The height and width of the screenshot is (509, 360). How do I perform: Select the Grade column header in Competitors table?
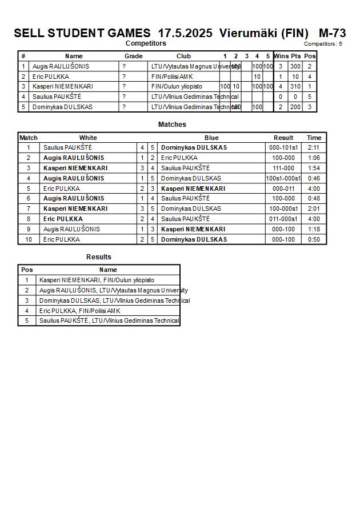coord(133,56)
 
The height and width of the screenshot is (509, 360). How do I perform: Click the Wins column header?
coord(281,56)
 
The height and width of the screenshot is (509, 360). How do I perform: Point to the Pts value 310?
coord(295,86)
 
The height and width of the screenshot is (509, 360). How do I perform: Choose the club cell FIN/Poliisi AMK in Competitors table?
coord(170,77)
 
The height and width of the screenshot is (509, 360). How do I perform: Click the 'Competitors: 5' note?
coord(323,43)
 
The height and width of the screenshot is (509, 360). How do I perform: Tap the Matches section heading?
coord(172,125)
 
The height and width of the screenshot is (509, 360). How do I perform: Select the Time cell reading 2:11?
coord(314,147)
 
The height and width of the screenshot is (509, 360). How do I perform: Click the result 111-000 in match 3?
coord(283,168)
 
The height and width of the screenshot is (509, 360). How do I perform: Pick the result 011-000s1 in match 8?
coord(283,219)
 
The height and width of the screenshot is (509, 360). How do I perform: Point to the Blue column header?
coord(211,138)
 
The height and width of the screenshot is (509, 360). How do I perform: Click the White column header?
coord(88,138)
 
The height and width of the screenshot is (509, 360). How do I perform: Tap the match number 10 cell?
coord(29,239)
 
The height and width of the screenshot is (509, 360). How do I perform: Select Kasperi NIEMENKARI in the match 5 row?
coord(193,189)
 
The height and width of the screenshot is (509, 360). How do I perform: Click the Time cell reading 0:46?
coord(314,178)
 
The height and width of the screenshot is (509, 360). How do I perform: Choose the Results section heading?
coord(99,257)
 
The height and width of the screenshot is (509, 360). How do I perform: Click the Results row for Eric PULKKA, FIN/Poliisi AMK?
coord(79,311)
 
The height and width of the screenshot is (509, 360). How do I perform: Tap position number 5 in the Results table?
coord(26,321)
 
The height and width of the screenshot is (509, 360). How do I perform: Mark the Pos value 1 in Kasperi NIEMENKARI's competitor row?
coord(309,86)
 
